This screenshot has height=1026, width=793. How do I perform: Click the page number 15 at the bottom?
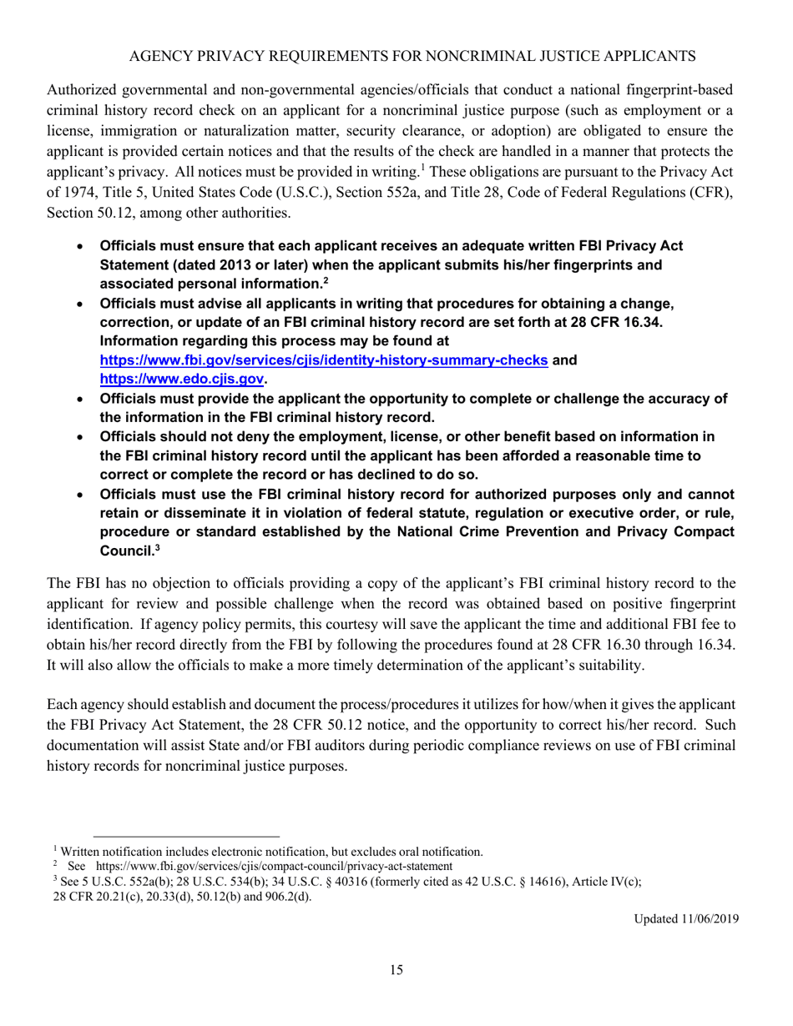[396, 970]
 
